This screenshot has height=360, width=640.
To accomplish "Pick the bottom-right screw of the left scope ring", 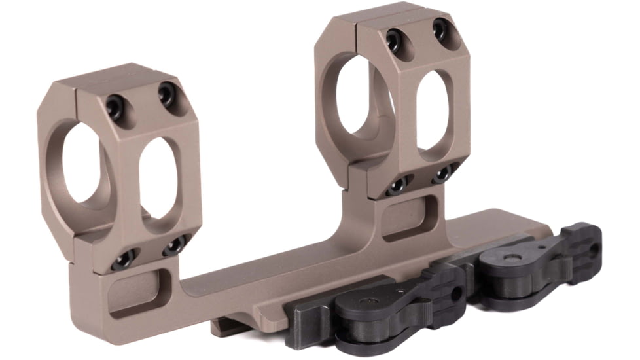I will [x=174, y=246].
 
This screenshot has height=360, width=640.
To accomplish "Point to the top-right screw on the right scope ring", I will [x=441, y=29].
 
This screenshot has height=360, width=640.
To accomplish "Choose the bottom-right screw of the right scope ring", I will [x=442, y=173].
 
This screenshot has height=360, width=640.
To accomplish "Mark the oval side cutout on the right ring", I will [x=433, y=108].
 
